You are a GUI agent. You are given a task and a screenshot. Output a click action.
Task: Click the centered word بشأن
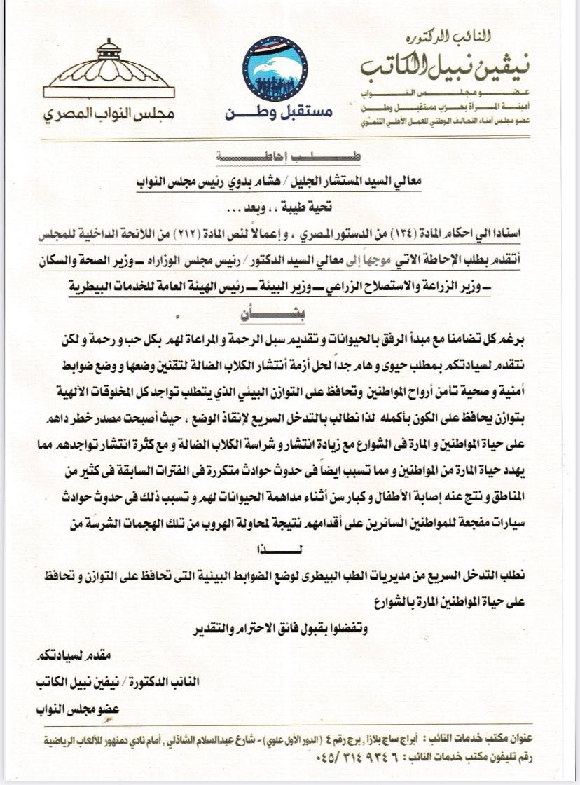[x=290, y=315]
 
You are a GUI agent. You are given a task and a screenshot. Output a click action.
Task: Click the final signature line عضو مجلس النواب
[x=76, y=709]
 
